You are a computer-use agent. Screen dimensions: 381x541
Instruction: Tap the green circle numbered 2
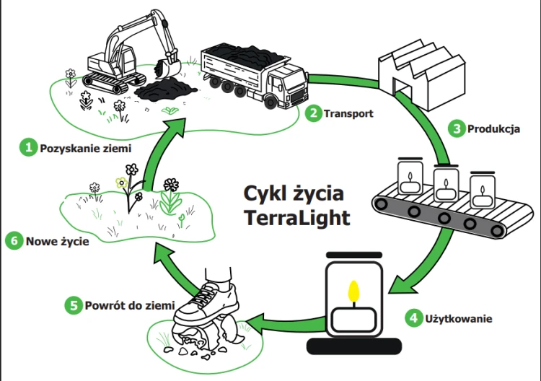tap(312, 113)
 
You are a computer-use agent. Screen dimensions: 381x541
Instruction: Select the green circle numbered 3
tap(456, 129)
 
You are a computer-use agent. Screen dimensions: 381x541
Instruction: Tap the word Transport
tap(348, 113)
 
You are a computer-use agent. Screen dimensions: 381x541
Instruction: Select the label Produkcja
tap(494, 130)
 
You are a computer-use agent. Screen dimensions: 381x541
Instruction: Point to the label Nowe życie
tap(58, 242)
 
